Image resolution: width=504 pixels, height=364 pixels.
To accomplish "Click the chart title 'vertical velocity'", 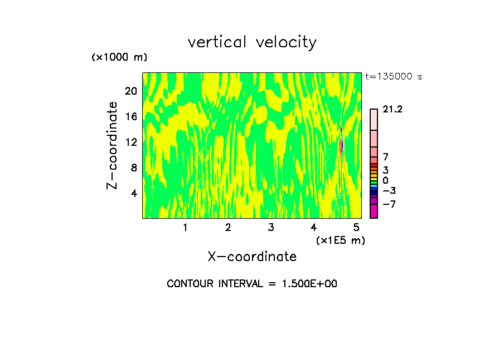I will point(252,42).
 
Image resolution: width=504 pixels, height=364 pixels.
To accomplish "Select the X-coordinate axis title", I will point(252,257).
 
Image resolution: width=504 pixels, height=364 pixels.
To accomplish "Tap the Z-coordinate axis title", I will point(113,145).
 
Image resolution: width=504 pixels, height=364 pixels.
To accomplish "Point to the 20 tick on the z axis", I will point(130,91).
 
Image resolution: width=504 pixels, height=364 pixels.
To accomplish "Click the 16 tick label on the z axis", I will point(130,116).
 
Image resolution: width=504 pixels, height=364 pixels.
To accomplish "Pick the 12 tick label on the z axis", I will point(130,142).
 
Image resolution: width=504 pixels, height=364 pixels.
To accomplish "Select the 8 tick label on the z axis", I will point(133,168).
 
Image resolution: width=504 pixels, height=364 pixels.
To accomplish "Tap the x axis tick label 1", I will point(185,227).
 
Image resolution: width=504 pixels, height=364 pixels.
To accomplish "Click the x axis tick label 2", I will point(228,227).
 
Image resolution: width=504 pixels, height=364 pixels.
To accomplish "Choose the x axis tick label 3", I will point(271,227).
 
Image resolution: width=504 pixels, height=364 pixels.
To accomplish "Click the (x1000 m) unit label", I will point(119,58).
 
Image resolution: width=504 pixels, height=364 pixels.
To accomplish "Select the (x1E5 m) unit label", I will point(340,240).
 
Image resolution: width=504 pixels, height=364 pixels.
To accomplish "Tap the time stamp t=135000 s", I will point(394,77).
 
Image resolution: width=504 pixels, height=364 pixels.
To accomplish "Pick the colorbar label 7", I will point(385,158).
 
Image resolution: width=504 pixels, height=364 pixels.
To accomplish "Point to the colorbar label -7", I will point(389,204).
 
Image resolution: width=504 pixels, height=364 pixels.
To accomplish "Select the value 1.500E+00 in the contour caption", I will point(307,284).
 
